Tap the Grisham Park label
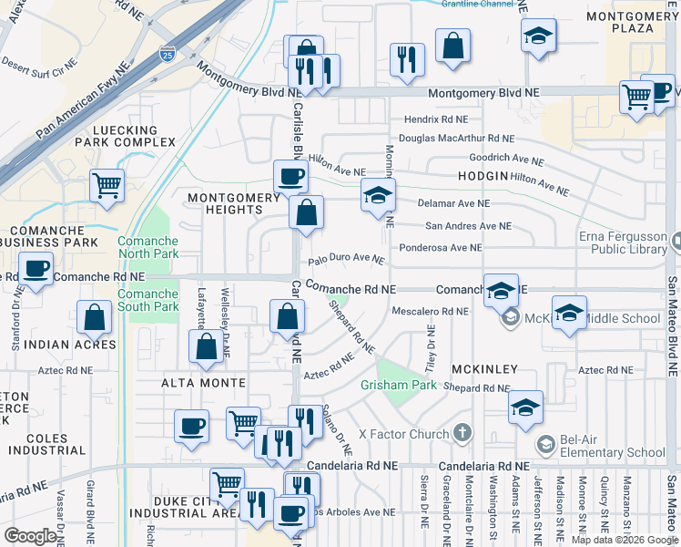coord(399,387)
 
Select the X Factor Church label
coord(404,434)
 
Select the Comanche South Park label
coord(147,300)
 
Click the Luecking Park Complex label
coord(118,137)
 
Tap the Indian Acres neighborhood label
coord(70,346)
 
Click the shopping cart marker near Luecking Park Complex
coord(107,185)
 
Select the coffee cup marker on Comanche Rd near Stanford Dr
coord(36,271)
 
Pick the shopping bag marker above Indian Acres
coord(95,318)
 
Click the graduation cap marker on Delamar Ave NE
coord(378,195)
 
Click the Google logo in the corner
coord(30,536)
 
